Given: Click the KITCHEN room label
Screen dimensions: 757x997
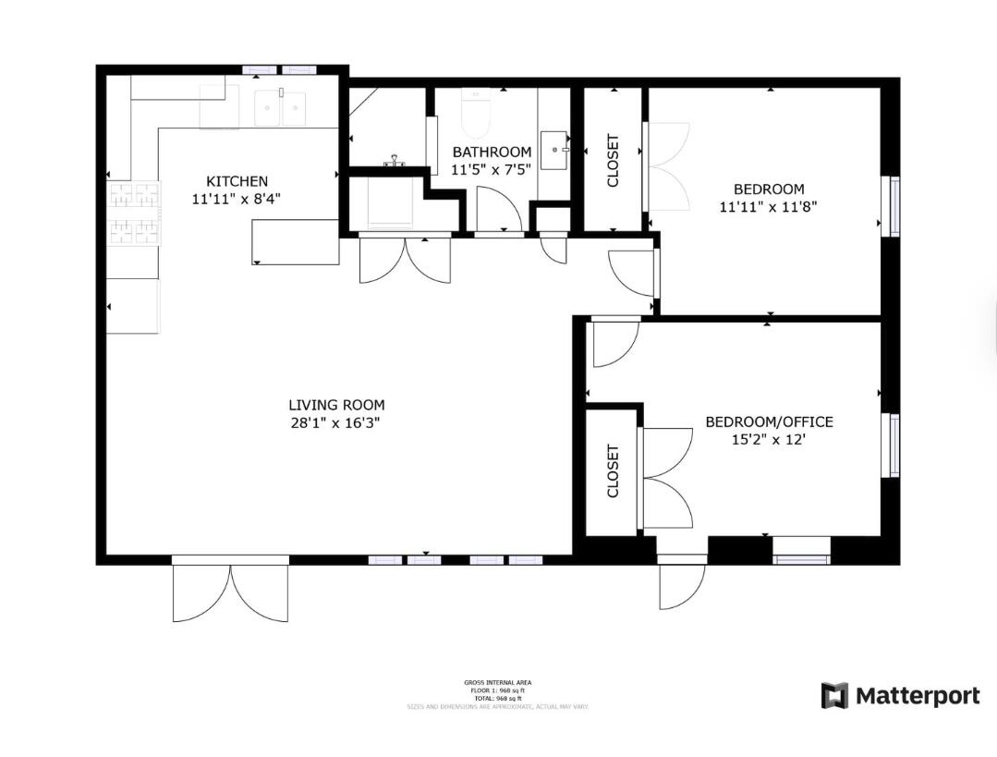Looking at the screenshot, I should pyautogui.click(x=237, y=181).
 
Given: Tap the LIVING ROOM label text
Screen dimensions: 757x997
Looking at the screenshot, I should pyautogui.click(x=336, y=405).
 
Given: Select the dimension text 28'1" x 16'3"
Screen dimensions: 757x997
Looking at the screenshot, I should pyautogui.click(x=336, y=423).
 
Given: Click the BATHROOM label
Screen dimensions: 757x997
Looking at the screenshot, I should pyautogui.click(x=491, y=153).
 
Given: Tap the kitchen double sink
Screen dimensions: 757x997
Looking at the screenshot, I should pyautogui.click(x=281, y=108).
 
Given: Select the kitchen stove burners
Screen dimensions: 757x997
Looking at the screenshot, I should pyautogui.click(x=135, y=213).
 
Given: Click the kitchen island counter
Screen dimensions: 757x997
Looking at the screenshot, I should pyautogui.click(x=295, y=242).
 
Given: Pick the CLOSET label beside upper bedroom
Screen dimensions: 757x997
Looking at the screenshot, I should pyautogui.click(x=613, y=162).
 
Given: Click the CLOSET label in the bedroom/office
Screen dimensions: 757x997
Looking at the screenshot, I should pyautogui.click(x=613, y=471).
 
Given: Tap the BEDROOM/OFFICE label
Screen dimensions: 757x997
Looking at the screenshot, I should pyautogui.click(x=769, y=422).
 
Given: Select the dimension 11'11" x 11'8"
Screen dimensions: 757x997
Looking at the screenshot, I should pyautogui.click(x=768, y=207).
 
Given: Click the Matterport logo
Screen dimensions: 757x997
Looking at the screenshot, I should pyautogui.click(x=900, y=695).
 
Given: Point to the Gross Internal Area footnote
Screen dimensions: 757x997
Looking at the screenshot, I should pyautogui.click(x=498, y=694).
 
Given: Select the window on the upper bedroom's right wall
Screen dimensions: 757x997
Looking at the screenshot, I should pyautogui.click(x=894, y=207).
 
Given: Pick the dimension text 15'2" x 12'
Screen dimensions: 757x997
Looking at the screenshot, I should pyautogui.click(x=769, y=441).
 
